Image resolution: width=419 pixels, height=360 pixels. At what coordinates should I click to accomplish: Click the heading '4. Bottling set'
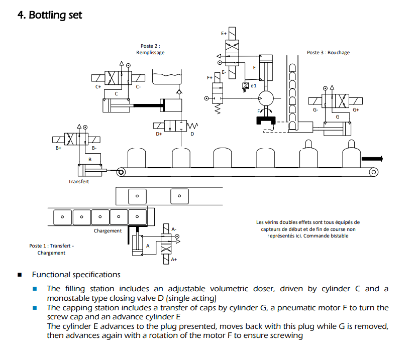coord(50,15)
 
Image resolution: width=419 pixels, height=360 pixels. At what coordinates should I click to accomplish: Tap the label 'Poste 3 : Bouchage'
coord(328,53)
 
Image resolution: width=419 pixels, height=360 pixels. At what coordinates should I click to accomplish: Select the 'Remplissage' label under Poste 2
coord(150,53)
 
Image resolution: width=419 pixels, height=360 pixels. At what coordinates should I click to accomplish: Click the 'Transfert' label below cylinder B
coord(78,181)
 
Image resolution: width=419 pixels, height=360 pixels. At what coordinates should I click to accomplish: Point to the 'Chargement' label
coord(108,231)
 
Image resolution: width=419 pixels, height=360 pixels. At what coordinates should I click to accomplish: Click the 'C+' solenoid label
coord(98,87)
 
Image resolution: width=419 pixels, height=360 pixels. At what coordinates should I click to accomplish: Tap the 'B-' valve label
coord(94,149)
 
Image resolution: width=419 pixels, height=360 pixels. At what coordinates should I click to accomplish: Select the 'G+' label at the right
coord(356,109)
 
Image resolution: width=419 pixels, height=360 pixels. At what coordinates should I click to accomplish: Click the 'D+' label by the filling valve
coord(159,134)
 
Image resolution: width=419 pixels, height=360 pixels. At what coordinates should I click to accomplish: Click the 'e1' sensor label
coord(254,86)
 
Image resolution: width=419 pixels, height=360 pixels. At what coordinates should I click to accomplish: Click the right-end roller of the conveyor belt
coord(373,172)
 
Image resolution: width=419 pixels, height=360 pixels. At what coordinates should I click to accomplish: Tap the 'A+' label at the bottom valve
coord(174,260)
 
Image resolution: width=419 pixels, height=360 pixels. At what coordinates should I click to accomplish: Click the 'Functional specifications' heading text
coord(76,275)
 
